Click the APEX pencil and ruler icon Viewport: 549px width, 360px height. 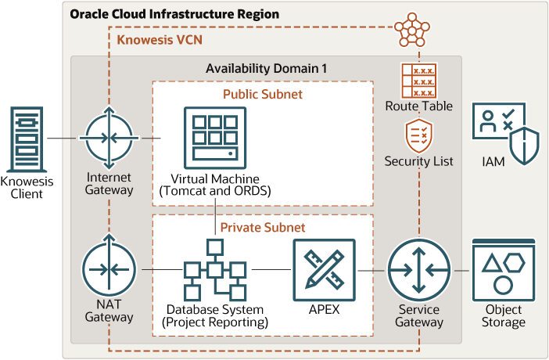point(324,269)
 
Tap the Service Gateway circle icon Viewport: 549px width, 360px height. point(418,270)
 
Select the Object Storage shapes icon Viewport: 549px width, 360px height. point(503,270)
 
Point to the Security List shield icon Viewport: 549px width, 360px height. point(418,136)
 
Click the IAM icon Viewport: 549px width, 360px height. point(504,130)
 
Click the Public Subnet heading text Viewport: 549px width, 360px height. point(261,94)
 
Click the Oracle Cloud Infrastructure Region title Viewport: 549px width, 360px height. point(174,14)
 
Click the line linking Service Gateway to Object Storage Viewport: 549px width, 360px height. point(461,270)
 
